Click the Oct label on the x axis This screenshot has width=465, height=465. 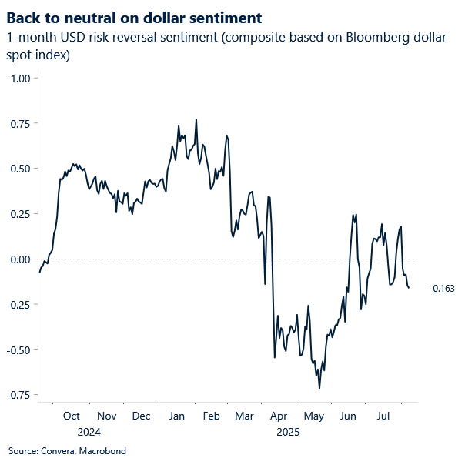click(x=72, y=416)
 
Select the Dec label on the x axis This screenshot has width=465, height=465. click(x=141, y=416)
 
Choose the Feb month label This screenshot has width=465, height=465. click(x=211, y=416)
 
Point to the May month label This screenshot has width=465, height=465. click(x=314, y=416)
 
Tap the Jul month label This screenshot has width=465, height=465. click(x=383, y=416)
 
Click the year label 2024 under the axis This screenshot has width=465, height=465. click(x=89, y=432)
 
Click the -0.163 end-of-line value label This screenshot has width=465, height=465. click(x=442, y=289)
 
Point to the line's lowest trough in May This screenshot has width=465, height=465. click(x=319, y=387)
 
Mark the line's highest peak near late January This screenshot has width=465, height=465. click(x=196, y=120)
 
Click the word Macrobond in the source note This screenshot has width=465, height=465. click(x=102, y=451)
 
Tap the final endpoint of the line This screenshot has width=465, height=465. click(x=409, y=288)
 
